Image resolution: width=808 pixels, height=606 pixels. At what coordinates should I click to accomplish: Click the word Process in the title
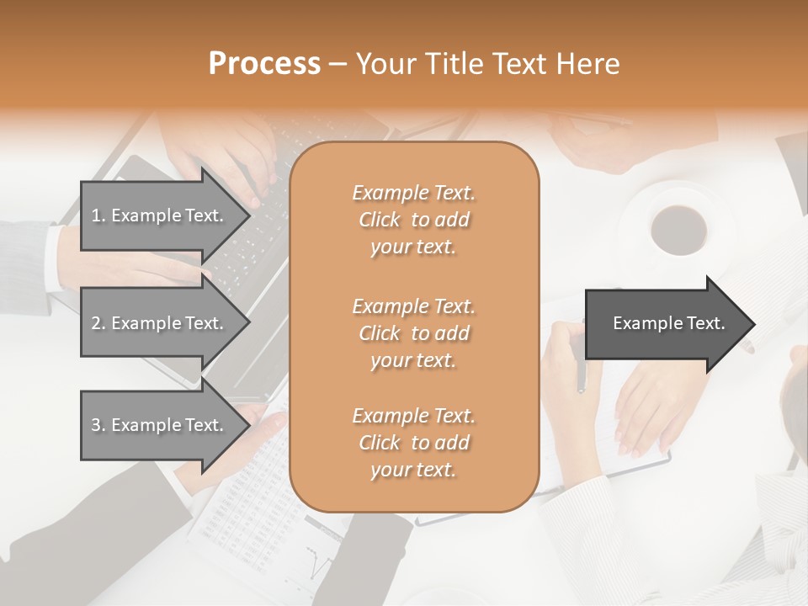tap(264, 63)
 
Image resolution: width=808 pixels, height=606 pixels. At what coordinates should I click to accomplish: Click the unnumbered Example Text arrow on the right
tap(668, 323)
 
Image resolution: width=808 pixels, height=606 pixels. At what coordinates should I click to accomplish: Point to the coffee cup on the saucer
tap(678, 228)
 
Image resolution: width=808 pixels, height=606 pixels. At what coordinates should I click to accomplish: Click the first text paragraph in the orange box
tap(413, 220)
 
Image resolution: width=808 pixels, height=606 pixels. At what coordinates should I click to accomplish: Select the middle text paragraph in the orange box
tap(413, 333)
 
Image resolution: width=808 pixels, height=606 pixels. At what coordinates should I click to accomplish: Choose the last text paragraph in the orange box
tap(413, 443)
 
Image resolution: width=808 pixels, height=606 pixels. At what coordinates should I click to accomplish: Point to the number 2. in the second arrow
tap(98, 323)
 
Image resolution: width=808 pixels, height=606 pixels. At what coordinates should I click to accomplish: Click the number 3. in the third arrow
tap(98, 425)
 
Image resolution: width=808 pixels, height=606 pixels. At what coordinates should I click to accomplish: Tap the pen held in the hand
tap(580, 370)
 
